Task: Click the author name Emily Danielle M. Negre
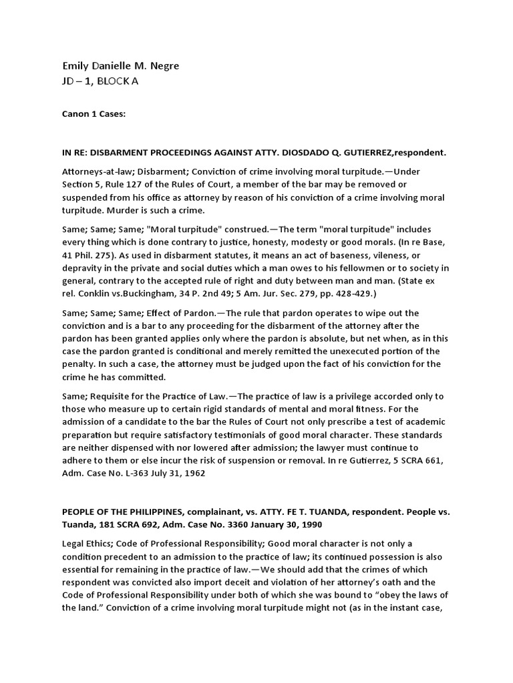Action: [120, 66]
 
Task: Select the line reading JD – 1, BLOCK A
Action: [102, 81]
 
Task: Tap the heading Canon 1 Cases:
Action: [94, 114]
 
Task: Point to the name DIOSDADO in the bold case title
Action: [312, 152]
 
